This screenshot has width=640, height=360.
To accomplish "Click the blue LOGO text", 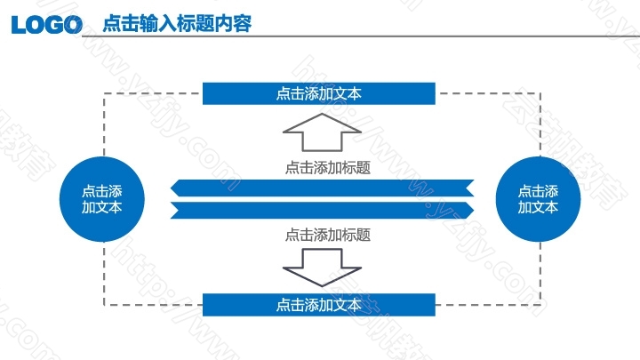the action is pos(47,25).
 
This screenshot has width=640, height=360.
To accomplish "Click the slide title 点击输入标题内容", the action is pos(177,23).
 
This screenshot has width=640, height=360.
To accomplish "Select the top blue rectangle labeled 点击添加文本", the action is pos(319,93).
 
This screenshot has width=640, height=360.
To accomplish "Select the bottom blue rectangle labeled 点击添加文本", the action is pos(319,305).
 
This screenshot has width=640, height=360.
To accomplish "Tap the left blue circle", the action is pos(102,199).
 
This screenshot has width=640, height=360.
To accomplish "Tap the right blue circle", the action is pos(538,199).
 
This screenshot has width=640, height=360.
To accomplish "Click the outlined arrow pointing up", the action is pos(322,132).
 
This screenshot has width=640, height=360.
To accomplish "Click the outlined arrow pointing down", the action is pos(322,268).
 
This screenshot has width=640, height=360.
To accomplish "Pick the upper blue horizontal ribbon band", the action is pos(322,188).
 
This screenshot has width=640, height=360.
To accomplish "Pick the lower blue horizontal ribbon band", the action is pos(322,210).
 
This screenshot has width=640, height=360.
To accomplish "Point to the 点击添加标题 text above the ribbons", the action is pos(328,167).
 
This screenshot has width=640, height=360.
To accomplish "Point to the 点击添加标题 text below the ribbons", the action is pos(328,235).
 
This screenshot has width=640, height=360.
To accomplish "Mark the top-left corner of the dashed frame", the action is pos(105,93).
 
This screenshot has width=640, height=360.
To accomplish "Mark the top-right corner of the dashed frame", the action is pos(540,93).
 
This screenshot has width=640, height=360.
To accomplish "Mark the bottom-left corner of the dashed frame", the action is pos(105,305).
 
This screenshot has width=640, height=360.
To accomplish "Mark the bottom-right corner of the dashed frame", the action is pos(540,305).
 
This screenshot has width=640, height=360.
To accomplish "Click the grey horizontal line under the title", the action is pos(361,36).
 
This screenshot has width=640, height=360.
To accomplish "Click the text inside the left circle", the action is pos(101,199).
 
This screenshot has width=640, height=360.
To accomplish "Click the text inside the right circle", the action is pos(538,199).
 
